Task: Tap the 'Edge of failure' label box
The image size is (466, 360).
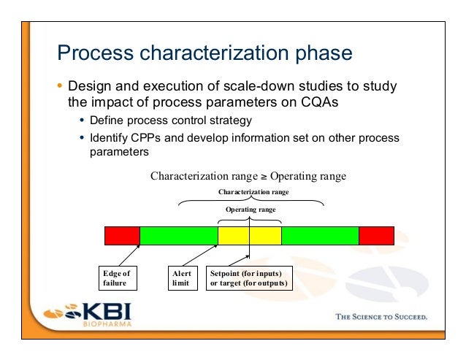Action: coord(116,279)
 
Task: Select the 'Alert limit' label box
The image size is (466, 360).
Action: coord(182,279)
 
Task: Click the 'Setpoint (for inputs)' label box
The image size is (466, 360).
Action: coord(248,279)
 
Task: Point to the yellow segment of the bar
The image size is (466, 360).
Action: coord(249,236)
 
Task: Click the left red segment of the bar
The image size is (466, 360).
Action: coord(122,236)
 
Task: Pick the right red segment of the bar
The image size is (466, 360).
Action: coord(376,236)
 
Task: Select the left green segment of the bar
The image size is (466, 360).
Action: coord(178,236)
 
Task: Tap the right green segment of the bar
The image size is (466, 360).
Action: coord(320,236)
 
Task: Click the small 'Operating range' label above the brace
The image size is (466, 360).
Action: coord(250,210)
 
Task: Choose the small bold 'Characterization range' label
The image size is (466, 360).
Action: coord(253,192)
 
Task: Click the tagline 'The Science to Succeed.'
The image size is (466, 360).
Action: coord(381,317)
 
